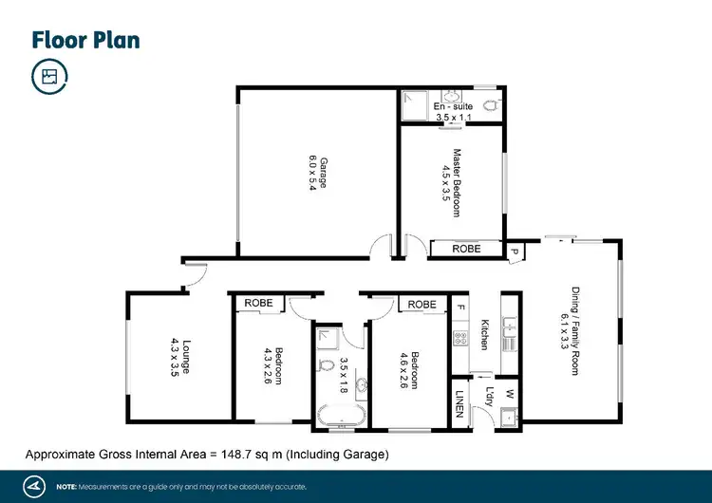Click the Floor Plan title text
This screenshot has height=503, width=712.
tap(85, 40)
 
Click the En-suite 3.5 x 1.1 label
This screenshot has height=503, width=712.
tap(452, 112)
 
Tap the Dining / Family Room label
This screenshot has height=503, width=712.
tap(573, 331)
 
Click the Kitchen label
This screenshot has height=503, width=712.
tap(484, 334)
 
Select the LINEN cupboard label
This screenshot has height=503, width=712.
tap(460, 403)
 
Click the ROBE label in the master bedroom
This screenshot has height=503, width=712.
tap(465, 249)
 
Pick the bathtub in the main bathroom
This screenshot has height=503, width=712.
tap(341, 414)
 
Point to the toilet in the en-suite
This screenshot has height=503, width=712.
tap(490, 105)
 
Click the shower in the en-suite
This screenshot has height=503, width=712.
tap(415, 105)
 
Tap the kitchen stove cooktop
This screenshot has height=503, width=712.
tap(461, 336)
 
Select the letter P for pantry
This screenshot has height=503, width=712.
tap(514, 251)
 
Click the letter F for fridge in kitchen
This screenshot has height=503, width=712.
tap(461, 307)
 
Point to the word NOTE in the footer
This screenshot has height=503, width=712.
tap(66, 487)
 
